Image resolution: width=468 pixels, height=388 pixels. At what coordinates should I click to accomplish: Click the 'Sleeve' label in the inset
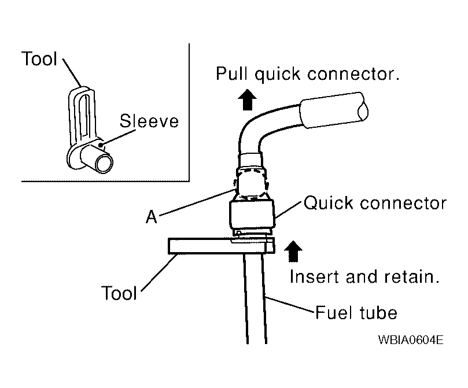pos(149,121)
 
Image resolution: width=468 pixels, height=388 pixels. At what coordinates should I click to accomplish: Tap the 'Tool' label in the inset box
pos(39,58)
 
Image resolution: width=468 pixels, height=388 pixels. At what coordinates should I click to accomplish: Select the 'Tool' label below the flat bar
pos(119,293)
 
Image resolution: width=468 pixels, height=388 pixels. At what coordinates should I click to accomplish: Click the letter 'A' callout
pos(152,217)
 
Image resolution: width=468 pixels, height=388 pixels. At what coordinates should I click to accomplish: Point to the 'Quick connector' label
pos(375,204)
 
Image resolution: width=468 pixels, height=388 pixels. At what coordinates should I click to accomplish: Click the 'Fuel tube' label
pos(356,313)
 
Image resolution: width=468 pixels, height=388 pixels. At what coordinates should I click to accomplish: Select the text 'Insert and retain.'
pos(364,276)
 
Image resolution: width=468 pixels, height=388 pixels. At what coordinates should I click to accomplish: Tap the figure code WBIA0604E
pos(411,339)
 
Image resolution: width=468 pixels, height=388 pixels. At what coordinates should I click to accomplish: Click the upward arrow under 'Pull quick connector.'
pos(248,99)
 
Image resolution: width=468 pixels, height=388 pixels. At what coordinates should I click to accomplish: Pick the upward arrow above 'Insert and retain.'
pos(293,252)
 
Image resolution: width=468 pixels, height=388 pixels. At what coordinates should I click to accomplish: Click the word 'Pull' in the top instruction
pos(232,73)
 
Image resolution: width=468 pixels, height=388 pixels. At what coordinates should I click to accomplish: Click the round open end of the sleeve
pos(104,162)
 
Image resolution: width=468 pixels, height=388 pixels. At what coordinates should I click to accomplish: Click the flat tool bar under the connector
pos(221,246)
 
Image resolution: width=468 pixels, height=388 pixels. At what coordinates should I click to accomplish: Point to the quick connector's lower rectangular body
pos(252,214)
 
